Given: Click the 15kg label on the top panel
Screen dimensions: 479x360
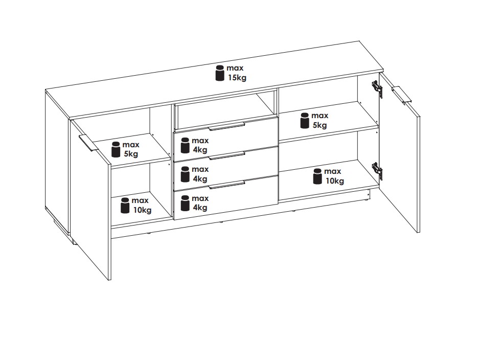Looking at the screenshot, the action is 237,78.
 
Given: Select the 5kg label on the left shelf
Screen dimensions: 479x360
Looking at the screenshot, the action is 131,154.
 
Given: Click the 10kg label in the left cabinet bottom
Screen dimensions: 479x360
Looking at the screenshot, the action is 142,210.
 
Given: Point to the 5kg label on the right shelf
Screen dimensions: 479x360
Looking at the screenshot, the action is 320,125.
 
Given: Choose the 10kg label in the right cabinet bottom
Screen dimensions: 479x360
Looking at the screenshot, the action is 335,181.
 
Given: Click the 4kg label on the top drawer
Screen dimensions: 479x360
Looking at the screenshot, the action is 200,150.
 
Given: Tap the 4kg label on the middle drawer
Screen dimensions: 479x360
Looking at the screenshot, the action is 200,178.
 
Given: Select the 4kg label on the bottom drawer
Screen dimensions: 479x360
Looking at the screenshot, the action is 200,208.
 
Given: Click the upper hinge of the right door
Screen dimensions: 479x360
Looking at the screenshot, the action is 377,88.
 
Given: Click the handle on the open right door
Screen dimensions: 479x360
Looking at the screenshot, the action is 402,95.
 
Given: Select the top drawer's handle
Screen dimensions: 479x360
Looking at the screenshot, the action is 226,126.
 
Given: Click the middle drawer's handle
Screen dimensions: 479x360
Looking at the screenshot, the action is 226,155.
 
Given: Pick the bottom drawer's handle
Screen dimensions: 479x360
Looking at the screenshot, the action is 226,185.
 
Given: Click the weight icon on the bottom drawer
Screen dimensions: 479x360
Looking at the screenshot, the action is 185,204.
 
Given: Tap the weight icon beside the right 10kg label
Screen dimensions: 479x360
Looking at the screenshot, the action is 317,176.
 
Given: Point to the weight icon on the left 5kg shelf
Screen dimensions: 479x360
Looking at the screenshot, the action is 116,149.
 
